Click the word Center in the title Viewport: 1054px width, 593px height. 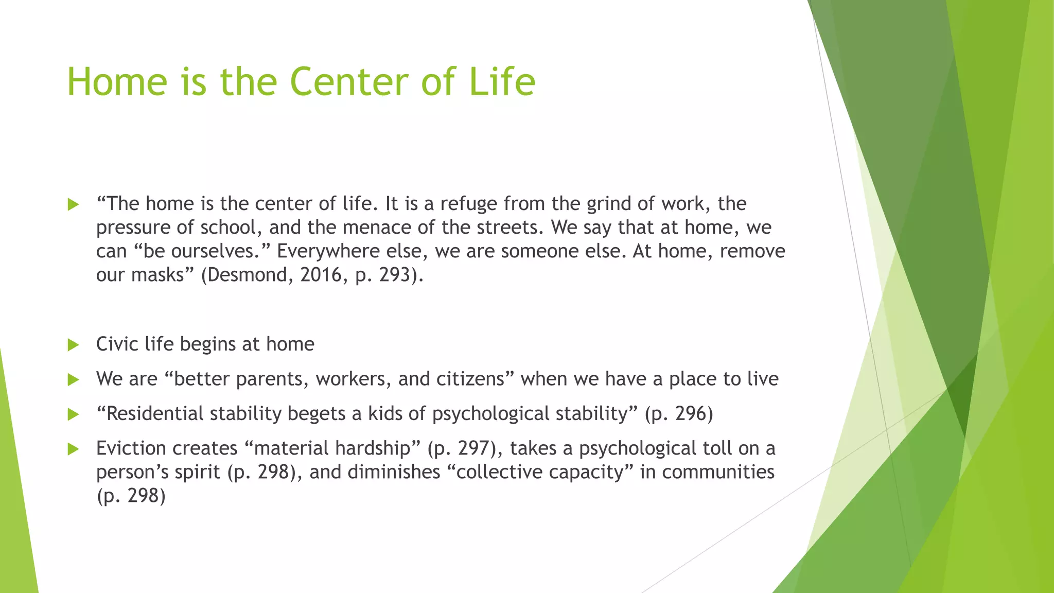(349, 82)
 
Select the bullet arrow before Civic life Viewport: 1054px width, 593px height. (73, 345)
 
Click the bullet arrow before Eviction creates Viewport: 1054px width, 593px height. (73, 449)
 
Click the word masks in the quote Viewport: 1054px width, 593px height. (157, 275)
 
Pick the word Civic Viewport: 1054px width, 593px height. (117, 344)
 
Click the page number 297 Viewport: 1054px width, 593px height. (474, 448)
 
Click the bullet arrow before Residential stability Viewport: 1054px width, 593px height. (73, 414)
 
